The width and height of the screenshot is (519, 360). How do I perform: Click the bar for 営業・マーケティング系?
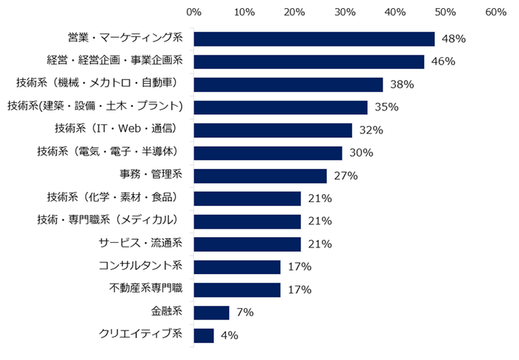[x=314, y=39]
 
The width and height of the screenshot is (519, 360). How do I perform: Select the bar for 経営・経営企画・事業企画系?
[x=308, y=61]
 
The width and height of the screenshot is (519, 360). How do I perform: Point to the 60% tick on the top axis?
[x=495, y=13]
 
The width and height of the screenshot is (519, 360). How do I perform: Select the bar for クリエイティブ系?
[x=203, y=336]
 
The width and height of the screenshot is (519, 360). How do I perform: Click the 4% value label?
[x=229, y=336]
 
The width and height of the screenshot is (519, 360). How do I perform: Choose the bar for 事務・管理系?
[x=260, y=176]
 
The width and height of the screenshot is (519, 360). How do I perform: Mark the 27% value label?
[x=346, y=176]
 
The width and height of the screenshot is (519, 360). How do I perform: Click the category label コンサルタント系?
[x=140, y=267]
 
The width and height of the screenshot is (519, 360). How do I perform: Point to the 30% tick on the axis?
[x=345, y=13]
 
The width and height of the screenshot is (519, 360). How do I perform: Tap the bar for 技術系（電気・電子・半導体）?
[x=268, y=153]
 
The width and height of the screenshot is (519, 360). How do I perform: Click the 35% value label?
[x=386, y=107]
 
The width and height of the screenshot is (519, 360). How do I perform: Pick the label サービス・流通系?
[x=140, y=244]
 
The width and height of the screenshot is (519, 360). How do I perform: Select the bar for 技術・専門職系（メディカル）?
[x=247, y=221]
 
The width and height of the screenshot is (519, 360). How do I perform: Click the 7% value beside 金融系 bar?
[x=245, y=313]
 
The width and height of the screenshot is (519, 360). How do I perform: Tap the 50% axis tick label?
[x=445, y=13]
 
